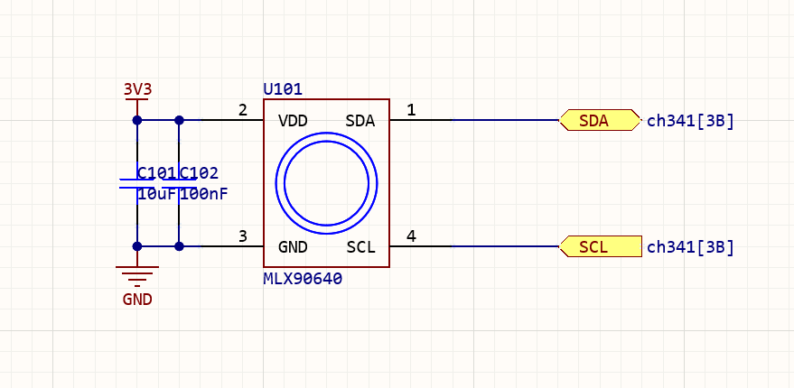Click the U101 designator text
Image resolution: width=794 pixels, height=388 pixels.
(283, 89)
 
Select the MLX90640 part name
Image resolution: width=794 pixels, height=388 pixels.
(303, 279)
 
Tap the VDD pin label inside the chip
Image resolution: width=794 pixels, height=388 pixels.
(294, 120)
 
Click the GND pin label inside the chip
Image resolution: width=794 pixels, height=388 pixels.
(294, 246)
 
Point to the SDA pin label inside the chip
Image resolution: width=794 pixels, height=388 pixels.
(360, 120)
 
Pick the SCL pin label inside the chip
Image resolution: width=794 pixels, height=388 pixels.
(360, 246)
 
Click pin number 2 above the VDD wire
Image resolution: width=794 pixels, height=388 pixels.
(242, 110)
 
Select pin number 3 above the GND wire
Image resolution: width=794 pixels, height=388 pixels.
(242, 236)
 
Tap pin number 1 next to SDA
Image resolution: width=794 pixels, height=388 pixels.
(411, 110)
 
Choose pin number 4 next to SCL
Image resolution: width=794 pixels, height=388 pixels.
(411, 236)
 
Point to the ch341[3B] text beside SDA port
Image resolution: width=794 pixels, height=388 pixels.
(690, 121)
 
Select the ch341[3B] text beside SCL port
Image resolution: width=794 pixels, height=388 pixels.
(690, 247)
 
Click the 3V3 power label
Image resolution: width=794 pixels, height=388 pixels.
(137, 89)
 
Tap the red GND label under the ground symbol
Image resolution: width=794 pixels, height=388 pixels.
(137, 300)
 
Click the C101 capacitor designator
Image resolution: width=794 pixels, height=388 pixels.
(156, 172)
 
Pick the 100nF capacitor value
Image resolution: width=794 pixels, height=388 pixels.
(204, 194)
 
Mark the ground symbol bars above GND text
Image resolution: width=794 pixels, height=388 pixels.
(137, 275)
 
